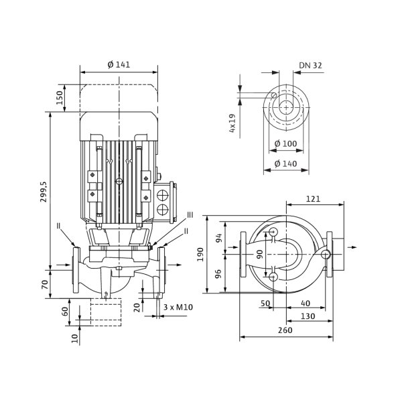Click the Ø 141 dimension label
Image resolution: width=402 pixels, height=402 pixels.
coord(119,64)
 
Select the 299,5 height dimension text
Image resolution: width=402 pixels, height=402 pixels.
coord(44,192)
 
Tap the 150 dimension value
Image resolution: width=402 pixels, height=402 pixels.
coord(59,97)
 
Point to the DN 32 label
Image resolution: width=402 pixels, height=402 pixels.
coord(310,66)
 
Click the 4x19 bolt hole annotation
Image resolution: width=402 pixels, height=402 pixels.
coord(232,123)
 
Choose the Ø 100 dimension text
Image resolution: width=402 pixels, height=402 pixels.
coord(285,143)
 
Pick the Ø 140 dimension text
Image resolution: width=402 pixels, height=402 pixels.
coord(285,163)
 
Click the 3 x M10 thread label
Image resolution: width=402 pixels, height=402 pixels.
coord(178,307)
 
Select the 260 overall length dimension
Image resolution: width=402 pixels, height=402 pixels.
coord(285,330)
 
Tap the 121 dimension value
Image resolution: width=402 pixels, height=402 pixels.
coord(314,199)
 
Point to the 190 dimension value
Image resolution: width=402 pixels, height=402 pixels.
coord(200,255)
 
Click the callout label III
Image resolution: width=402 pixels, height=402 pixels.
coord(190,215)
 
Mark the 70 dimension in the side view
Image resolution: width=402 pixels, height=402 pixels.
coord(45,285)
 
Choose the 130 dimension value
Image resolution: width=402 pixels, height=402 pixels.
coord(308,316)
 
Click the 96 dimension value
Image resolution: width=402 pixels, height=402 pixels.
coord(218,274)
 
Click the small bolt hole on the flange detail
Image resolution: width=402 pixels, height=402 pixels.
coord(274,95)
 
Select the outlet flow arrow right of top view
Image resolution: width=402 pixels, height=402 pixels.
coord(353,247)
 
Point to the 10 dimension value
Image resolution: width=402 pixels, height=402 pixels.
coord(74,338)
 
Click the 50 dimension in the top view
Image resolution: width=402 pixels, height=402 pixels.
coord(265,304)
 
